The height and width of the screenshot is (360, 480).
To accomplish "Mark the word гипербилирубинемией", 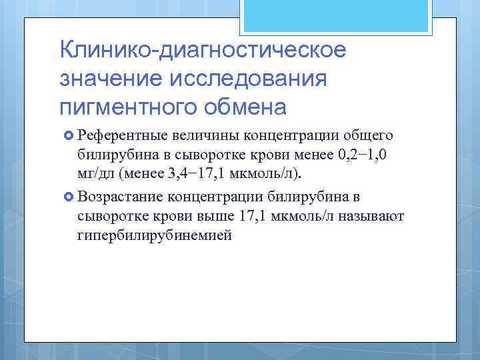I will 155,237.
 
